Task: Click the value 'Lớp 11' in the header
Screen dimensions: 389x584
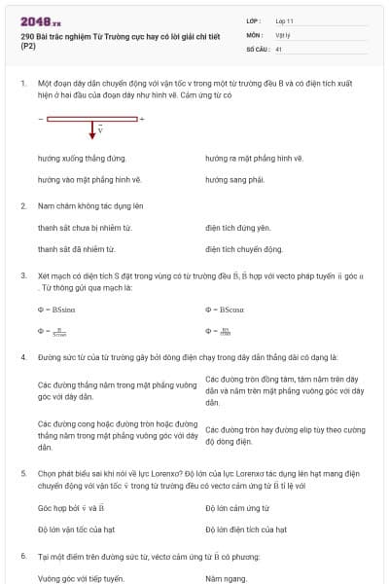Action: point(286,20)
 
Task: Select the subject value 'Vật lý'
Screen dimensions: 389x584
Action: point(284,34)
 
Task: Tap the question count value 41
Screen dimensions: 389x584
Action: point(279,48)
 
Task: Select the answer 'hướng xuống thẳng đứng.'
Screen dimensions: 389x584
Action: point(82,158)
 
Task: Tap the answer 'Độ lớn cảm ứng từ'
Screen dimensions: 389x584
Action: point(238,508)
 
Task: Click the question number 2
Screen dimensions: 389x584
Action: point(22,206)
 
